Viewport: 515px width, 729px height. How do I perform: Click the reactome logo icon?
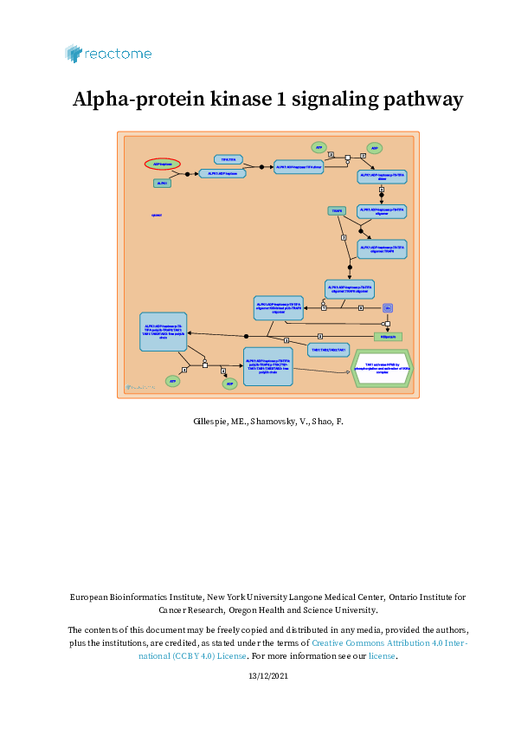[x=74, y=54]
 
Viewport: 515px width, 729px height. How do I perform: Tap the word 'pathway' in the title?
[x=420, y=100]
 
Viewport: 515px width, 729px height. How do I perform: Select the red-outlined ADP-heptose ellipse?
[x=162, y=164]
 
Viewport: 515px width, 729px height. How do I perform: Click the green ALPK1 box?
[x=162, y=183]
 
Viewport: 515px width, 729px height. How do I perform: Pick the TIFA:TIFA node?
[x=229, y=159]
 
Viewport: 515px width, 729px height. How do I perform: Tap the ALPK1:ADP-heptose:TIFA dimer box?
[x=298, y=166]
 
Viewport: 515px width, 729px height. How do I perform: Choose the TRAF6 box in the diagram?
[x=338, y=210]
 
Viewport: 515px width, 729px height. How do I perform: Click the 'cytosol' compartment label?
[x=157, y=215]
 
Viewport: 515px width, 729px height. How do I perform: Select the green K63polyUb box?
[x=388, y=336]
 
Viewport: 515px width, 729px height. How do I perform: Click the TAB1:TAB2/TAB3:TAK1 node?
[x=329, y=350]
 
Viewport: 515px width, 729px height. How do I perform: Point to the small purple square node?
[x=388, y=307]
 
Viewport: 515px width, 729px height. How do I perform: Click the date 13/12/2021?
[x=267, y=675]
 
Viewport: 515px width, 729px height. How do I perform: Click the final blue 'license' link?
[x=382, y=656]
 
